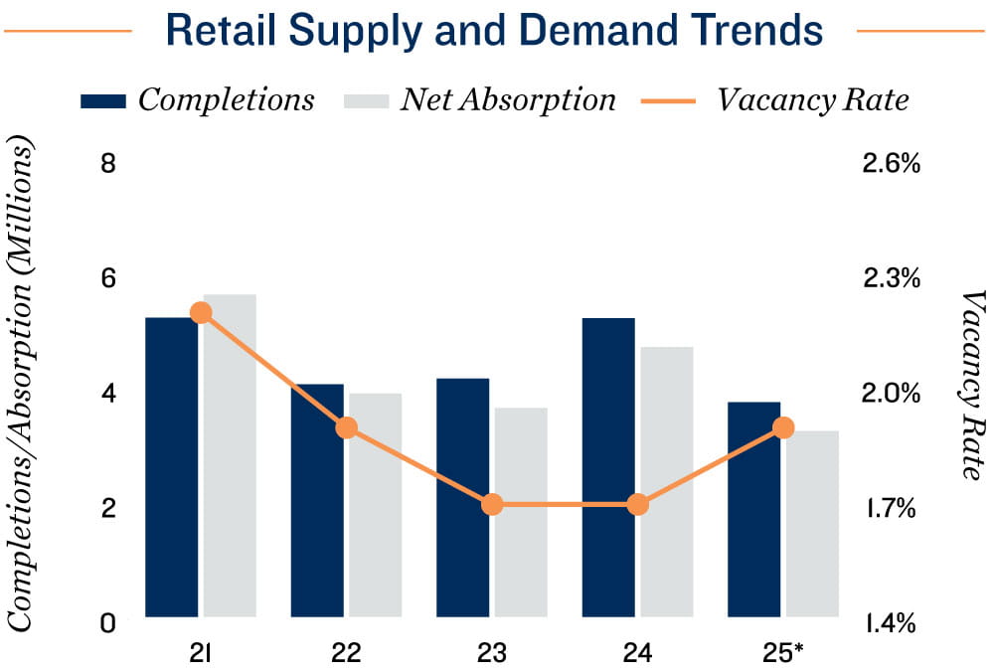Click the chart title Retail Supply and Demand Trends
click(x=494, y=31)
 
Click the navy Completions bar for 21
click(x=172, y=467)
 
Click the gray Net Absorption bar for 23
click(x=521, y=512)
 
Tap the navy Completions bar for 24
click(x=608, y=467)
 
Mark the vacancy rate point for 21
click(x=201, y=313)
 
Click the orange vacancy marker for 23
click(x=492, y=505)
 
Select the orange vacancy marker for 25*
click(x=783, y=428)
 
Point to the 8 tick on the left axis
click(x=108, y=163)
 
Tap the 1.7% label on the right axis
click(x=887, y=509)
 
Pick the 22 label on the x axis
click(x=346, y=653)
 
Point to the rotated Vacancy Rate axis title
click(x=971, y=383)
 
